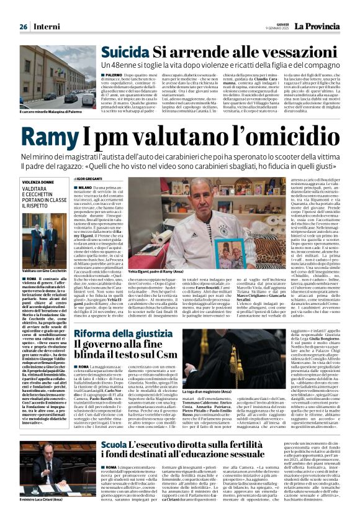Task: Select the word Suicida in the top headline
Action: [125, 52]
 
